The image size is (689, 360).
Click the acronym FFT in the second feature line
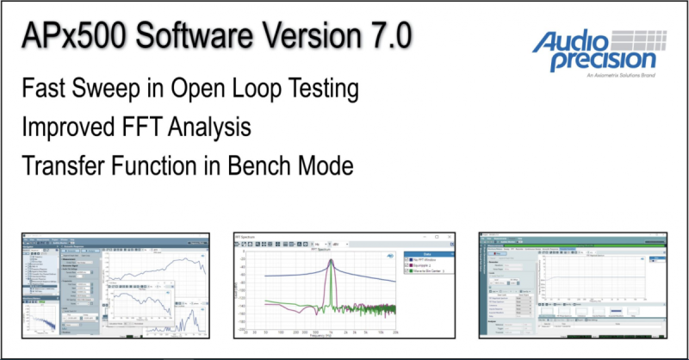[142, 127]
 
